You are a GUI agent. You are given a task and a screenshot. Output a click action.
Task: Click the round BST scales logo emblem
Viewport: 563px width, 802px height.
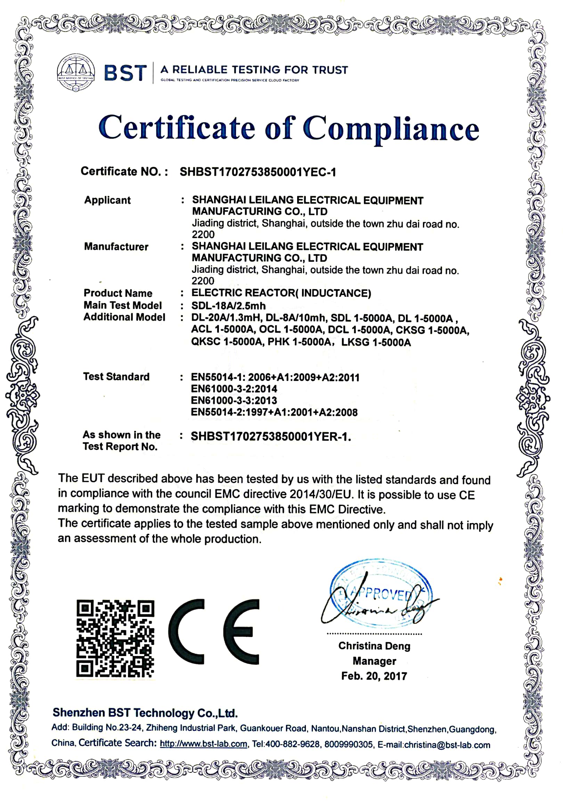[76, 73]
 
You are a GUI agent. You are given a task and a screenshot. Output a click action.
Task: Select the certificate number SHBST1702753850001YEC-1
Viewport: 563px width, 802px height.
[258, 172]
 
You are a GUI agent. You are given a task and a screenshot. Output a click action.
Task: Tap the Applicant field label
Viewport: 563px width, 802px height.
[108, 200]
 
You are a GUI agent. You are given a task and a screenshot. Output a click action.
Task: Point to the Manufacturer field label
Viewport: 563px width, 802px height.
[116, 247]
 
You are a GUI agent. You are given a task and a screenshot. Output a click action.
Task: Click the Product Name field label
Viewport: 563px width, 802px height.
[118, 293]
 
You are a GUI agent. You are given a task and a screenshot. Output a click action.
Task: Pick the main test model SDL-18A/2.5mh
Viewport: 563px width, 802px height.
[228, 306]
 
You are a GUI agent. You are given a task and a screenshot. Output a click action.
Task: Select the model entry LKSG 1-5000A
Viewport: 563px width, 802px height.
[376, 342]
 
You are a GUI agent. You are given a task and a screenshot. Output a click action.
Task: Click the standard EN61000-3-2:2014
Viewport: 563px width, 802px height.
[234, 389]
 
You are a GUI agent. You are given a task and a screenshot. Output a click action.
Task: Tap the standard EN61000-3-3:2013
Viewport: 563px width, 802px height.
[234, 400]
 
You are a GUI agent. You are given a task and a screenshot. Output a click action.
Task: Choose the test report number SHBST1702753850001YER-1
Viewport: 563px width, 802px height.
[270, 436]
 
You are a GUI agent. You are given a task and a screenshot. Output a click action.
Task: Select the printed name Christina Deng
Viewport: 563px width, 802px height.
[374, 646]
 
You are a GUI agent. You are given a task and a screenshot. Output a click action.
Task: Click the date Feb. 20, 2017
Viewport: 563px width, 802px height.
[374, 676]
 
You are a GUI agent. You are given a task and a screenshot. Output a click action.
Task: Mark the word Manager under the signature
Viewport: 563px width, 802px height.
[374, 661]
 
